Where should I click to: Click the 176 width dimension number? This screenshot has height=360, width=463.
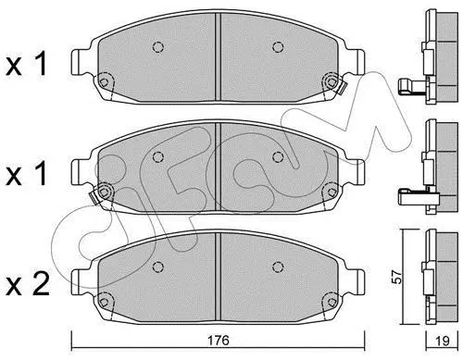point(219,341)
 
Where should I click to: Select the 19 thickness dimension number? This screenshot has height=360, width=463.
point(442,341)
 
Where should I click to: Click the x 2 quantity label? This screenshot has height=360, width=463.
point(28,285)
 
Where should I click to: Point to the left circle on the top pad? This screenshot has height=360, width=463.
point(158,47)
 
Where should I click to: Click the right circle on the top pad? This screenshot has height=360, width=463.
point(278,47)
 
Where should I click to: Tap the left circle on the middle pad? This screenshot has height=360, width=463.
point(158,157)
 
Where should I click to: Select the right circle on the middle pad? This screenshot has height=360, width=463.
point(278,157)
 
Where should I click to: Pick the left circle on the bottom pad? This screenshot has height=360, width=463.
point(158,267)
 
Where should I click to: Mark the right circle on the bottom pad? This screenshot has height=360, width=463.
point(278,267)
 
